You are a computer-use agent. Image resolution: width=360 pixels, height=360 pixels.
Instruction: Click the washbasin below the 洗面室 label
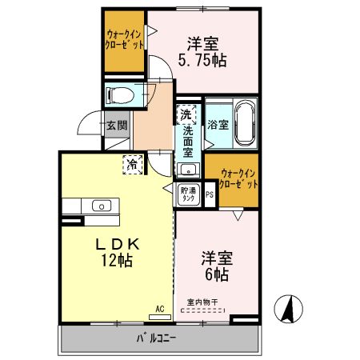pos(188,169)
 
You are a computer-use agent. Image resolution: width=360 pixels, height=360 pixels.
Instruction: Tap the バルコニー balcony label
pos(156,338)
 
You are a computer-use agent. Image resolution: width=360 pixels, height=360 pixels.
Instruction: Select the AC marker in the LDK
pos(159,308)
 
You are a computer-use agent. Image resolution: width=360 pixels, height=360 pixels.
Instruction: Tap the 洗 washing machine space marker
pos(186,114)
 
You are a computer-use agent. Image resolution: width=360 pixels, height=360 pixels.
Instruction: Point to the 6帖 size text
pos(216,274)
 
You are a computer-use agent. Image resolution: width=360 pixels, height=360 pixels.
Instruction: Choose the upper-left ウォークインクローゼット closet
pos(126,40)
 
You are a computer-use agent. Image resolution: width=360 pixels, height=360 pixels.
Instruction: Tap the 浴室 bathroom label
pos(218,125)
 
